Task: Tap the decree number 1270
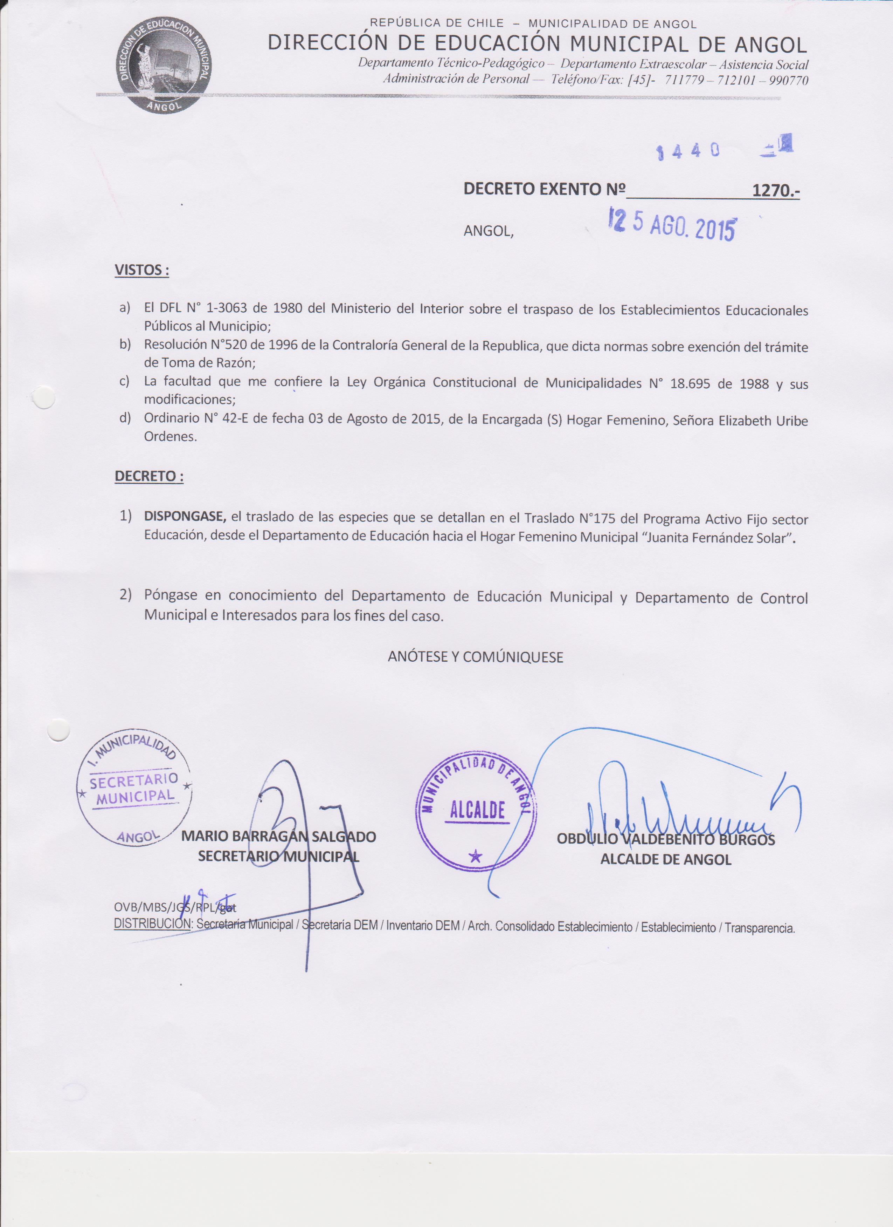(x=775, y=190)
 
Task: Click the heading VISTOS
(x=141, y=270)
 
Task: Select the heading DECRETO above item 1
(x=148, y=477)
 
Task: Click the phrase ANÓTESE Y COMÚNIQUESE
(x=475, y=657)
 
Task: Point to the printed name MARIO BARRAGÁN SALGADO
(x=278, y=836)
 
